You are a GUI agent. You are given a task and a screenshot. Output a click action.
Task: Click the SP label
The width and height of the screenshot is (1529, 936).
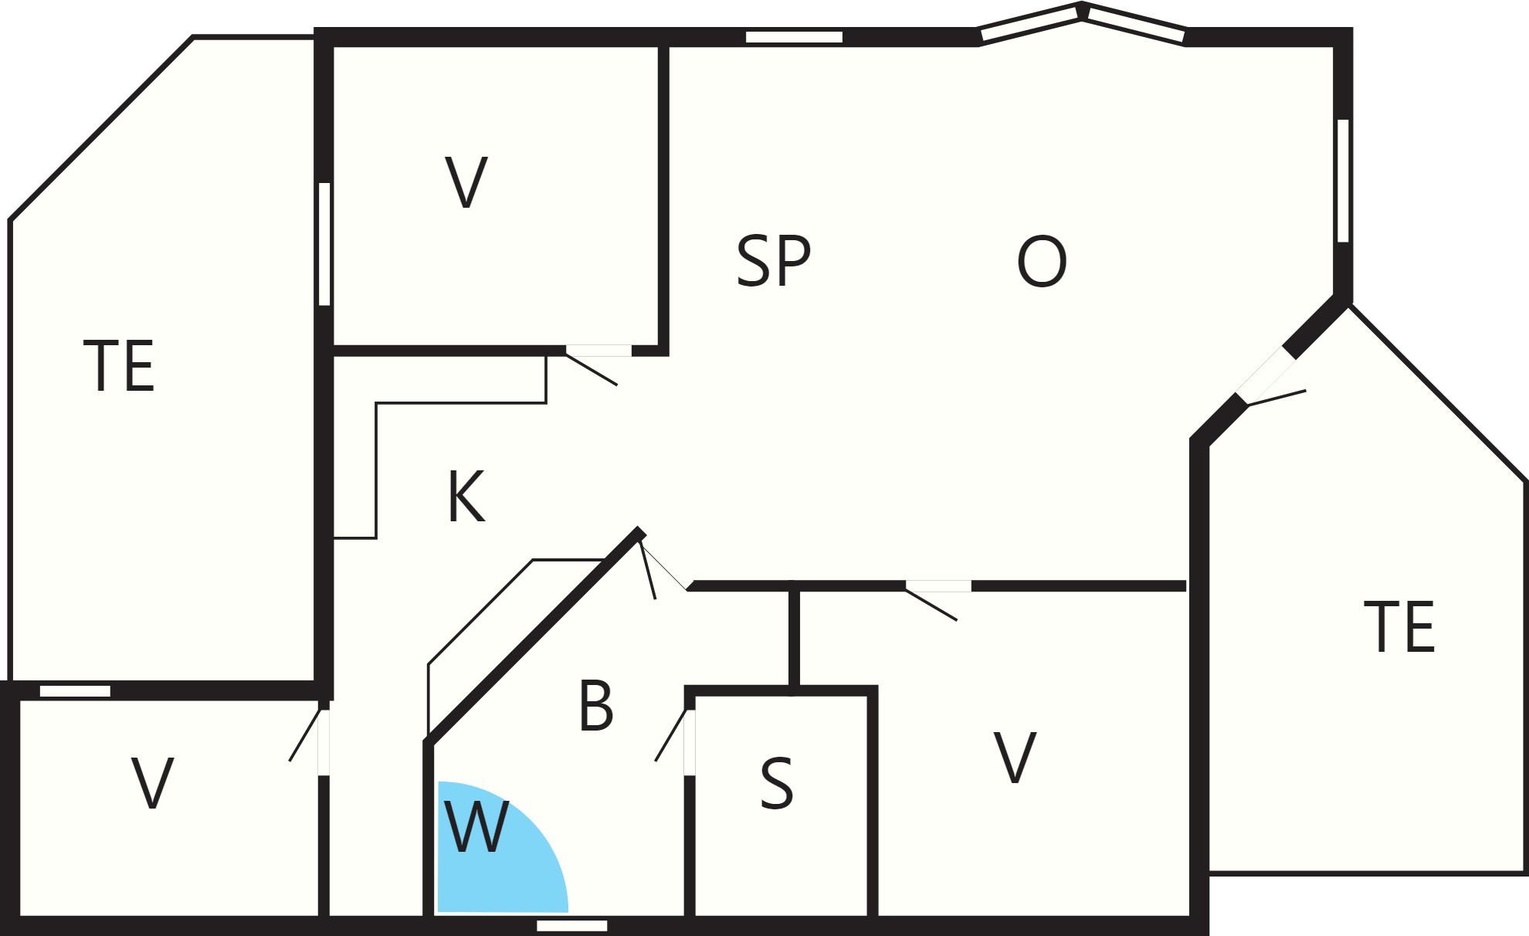pos(774,261)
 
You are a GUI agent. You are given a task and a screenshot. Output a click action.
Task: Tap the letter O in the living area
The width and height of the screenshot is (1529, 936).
pos(1042,262)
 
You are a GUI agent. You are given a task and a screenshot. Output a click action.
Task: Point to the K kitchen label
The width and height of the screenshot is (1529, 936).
pos(466,497)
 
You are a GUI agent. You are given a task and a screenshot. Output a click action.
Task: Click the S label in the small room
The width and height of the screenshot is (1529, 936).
pos(776,783)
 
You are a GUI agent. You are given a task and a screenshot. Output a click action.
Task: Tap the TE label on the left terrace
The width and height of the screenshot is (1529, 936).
pos(119,365)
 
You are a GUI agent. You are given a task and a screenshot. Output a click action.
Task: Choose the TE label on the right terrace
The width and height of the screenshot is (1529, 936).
pos(1399,626)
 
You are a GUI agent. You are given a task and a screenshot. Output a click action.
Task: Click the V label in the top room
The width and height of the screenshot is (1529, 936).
pos(466,182)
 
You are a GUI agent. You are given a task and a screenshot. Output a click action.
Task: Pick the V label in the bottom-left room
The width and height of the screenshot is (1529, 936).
pos(152,783)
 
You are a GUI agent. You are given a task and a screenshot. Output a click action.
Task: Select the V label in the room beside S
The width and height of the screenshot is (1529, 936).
pos(1015,758)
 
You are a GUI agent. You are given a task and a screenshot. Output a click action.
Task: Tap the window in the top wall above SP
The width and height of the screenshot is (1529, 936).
pos(794,37)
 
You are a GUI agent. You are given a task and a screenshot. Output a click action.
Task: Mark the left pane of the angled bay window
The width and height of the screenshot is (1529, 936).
pos(1030,23)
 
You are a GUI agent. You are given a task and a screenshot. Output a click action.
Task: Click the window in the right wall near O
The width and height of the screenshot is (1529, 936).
pos(1343,181)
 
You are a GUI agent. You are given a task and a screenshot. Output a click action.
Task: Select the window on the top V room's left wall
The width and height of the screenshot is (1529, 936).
pos(324,244)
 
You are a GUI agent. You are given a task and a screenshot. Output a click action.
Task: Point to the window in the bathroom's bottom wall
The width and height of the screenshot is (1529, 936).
pos(572,925)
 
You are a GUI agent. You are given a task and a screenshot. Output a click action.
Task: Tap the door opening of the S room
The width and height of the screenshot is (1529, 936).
pos(690,742)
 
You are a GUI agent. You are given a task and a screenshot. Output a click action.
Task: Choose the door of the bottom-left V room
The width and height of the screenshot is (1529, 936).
pos(324,742)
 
